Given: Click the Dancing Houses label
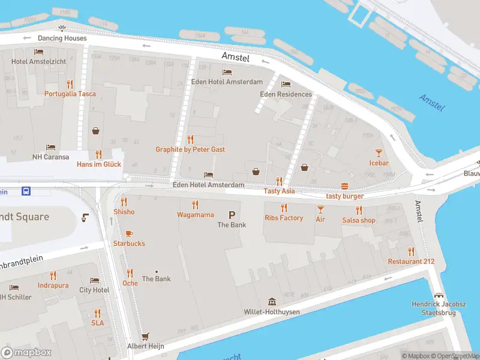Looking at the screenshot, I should pos(62,38).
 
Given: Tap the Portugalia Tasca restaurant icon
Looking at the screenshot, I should pos(70,85).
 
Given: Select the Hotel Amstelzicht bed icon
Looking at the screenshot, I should pos(39,53).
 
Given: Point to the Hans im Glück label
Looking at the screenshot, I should pos(99,164).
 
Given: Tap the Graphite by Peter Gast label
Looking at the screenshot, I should pos(190,149).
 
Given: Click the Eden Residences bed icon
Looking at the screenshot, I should pos(286,85).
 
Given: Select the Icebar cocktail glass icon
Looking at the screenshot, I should pos(379,154).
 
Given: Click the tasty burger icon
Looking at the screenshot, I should pos(344,186).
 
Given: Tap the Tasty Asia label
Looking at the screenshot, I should pos(279,191).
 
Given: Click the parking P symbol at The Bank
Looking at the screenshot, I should pos(232,215).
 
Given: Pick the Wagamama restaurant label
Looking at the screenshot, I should pos(195,215).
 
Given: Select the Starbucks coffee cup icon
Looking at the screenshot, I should pos(129,234).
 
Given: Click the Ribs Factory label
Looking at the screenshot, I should pos(284,218).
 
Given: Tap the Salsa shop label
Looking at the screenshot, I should pos(359,220).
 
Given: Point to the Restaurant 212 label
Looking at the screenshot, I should pos(411,262).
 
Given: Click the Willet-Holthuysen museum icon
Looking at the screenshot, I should pos(272,302).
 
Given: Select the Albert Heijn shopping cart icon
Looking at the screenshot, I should pos(145,337).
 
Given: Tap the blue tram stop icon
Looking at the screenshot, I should pos(26,191).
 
